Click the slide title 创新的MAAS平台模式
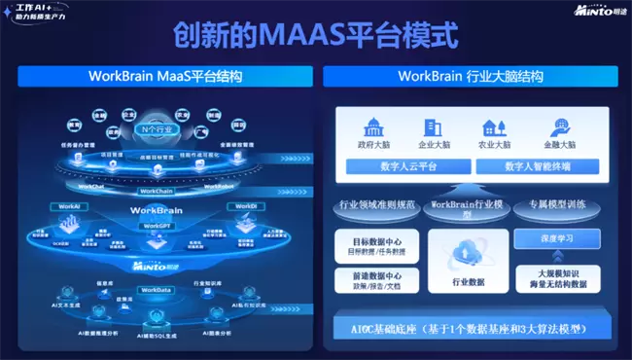click(x=315, y=36)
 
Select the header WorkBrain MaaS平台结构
click(x=165, y=76)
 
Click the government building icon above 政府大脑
click(x=373, y=127)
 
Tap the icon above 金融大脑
click(x=560, y=127)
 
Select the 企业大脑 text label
click(x=435, y=145)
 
